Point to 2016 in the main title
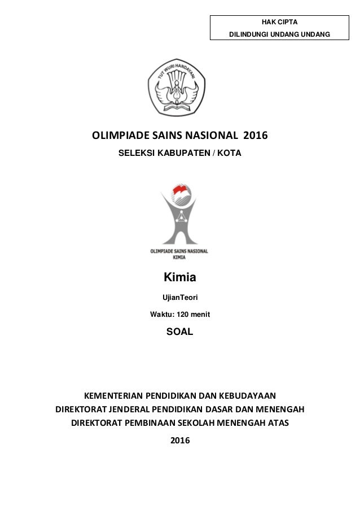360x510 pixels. tap(256, 136)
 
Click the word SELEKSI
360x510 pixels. tap(135, 154)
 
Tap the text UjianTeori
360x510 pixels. tap(179, 297)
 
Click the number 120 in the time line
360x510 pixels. tap(183, 314)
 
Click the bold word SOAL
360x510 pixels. tap(179, 332)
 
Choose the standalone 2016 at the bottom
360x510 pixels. tap(180, 441)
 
